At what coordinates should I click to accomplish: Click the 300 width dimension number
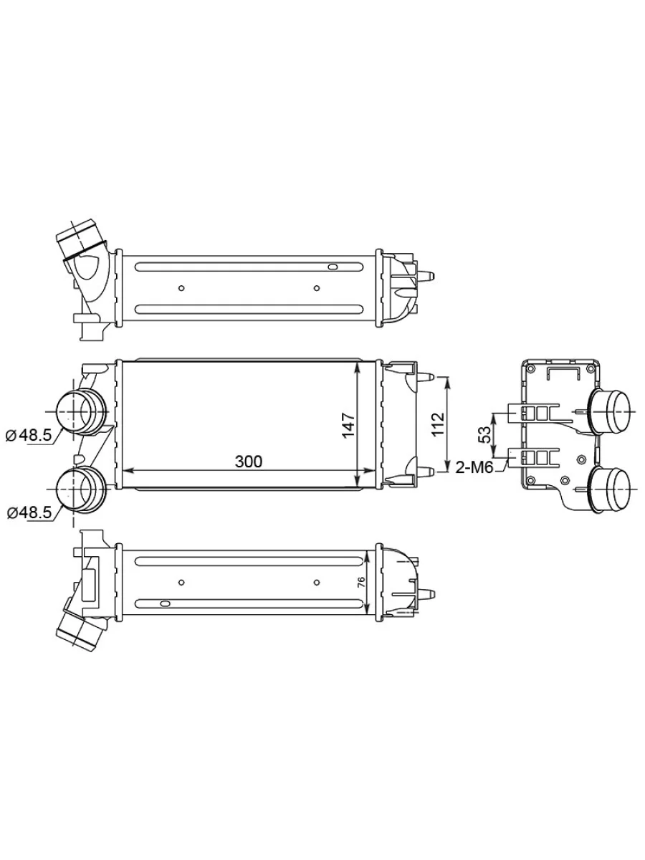[x=248, y=462]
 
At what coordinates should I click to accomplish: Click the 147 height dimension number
[x=348, y=425]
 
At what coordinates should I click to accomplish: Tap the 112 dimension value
[x=437, y=424]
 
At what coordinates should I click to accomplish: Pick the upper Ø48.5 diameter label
[x=29, y=435]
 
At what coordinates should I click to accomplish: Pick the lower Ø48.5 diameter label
[x=29, y=512]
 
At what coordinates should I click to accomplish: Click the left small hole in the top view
[x=181, y=288]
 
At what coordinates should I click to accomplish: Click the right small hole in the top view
[x=317, y=288]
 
